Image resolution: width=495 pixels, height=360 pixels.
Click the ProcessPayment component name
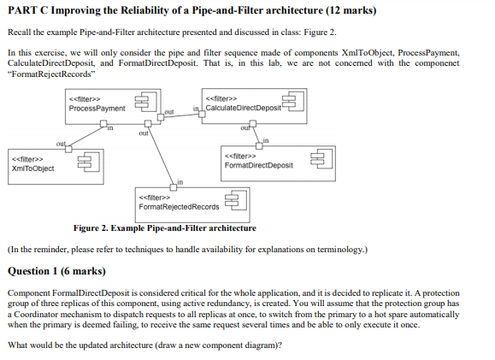tap(97, 109)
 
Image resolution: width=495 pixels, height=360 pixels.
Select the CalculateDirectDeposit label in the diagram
tap(244, 108)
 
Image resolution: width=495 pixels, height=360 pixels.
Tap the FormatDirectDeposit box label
tap(257, 165)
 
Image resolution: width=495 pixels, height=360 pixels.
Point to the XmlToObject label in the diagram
tap(32, 168)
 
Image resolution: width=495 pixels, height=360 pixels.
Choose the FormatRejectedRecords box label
tap(179, 206)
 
